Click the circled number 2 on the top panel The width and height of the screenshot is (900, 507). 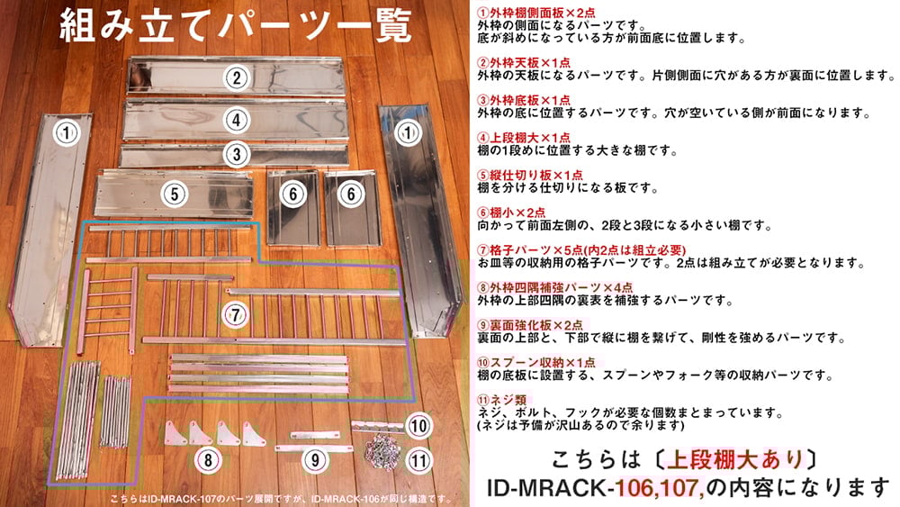(x=236, y=77)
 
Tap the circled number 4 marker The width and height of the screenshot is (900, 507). (x=236, y=120)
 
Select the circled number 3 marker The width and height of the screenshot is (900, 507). (x=236, y=154)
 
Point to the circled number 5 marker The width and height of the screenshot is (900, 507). (x=175, y=195)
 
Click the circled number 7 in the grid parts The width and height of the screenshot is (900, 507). (x=235, y=314)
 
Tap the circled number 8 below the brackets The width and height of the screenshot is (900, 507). (x=208, y=460)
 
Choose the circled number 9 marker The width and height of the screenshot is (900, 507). (x=314, y=460)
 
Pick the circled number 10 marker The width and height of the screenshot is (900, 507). (x=419, y=426)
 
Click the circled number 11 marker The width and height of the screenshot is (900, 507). (x=419, y=460)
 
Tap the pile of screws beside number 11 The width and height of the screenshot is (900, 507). (x=384, y=451)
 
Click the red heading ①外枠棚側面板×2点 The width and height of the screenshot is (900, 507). (x=536, y=13)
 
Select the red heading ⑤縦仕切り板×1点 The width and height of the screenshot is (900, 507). (x=530, y=175)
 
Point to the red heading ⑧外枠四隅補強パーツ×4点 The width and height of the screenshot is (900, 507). (x=555, y=287)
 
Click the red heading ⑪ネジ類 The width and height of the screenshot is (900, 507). (x=501, y=400)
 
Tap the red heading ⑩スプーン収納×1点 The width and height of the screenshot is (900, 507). (x=536, y=362)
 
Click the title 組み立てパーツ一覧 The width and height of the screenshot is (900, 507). (x=235, y=25)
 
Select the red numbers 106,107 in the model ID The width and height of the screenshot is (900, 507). (x=660, y=488)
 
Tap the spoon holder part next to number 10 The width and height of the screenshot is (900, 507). (x=377, y=426)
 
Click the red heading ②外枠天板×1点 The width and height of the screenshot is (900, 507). (x=524, y=62)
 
